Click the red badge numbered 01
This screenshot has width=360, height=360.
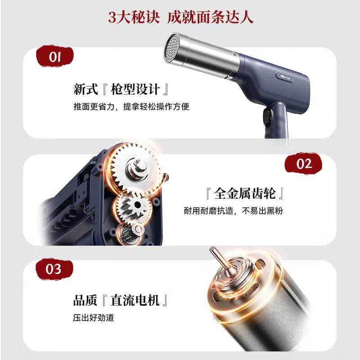pos(54,57)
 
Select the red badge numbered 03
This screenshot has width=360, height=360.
pos(54,269)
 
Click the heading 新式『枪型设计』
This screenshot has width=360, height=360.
pos(122,89)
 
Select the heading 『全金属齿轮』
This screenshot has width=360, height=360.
pos(243,194)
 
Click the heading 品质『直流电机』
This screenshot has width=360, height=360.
pos(122,300)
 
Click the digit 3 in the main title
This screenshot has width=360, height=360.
pos(112,17)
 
